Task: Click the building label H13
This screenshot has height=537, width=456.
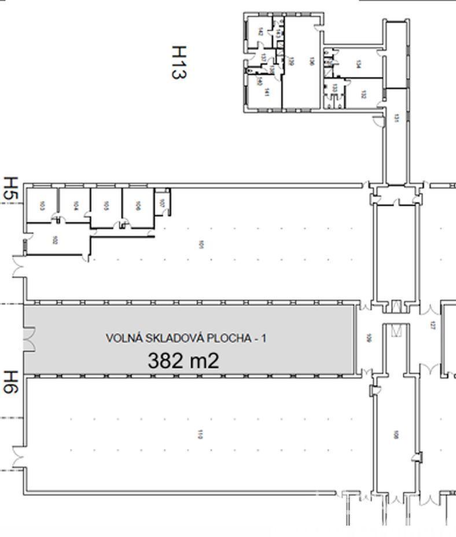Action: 179,62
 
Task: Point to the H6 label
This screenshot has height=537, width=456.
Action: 12,382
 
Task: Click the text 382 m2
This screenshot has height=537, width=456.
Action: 183,361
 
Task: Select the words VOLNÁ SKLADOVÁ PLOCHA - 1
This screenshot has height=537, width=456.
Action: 186,339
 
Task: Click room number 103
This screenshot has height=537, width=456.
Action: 42,205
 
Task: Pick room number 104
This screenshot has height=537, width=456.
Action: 76,205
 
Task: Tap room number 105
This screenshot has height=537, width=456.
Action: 106,205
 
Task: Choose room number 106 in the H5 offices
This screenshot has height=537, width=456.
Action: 138,205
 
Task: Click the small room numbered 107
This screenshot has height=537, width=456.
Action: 162,203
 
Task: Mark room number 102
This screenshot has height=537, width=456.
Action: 55,240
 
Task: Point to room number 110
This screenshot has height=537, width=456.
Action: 200,434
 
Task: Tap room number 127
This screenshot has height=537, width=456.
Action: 432,325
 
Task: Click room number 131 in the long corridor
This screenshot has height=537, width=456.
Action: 396,117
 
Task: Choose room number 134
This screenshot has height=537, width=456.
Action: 359,65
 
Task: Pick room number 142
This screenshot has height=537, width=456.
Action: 261,31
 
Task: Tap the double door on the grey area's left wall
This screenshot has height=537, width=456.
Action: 28,339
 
